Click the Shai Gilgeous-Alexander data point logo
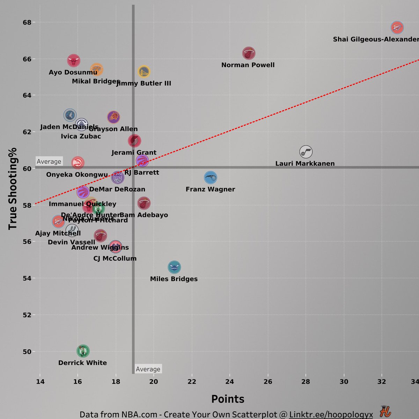pyautogui.click(x=397, y=27)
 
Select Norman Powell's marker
pyautogui.click(x=249, y=53)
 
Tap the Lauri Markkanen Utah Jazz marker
pyautogui.click(x=306, y=152)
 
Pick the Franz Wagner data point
pyautogui.click(x=210, y=178)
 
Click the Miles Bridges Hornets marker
pyautogui.click(x=174, y=267)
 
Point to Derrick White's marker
pyautogui.click(x=83, y=351)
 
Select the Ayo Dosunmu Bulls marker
pyautogui.click(x=74, y=61)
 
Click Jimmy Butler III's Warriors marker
pyautogui.click(x=144, y=72)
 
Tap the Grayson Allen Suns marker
pyautogui.click(x=113, y=117)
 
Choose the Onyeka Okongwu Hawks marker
pyautogui.click(x=78, y=163)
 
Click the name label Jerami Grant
pyautogui.click(x=134, y=153)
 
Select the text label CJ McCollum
pyautogui.click(x=115, y=259)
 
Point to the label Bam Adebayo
pyautogui.click(x=144, y=215)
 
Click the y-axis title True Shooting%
pyautogui.click(x=13, y=189)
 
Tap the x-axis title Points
pyautogui.click(x=228, y=399)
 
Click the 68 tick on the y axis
pyautogui.click(x=27, y=22)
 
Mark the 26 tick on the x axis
pyautogui.click(x=268, y=382)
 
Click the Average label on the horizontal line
pyautogui.click(x=49, y=161)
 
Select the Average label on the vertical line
pyautogui.click(x=148, y=369)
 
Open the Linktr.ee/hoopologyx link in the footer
pyautogui.click(x=331, y=414)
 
